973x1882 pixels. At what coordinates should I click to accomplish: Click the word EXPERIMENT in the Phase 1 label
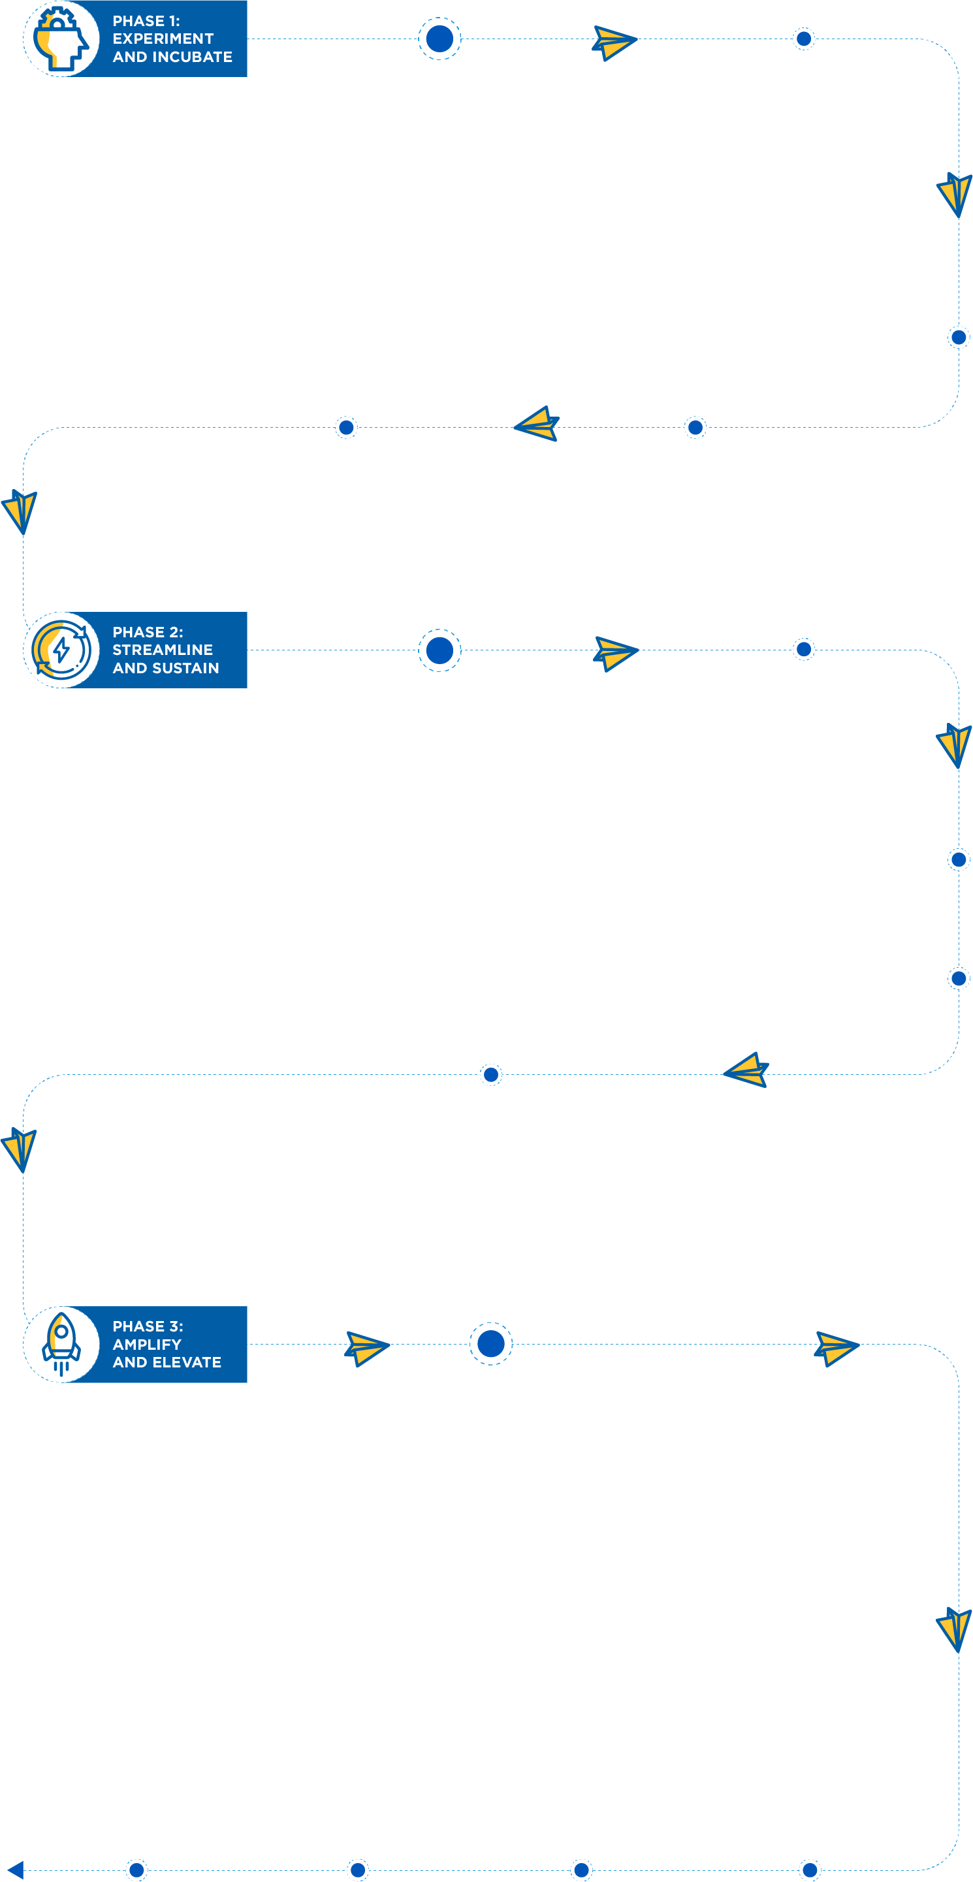[x=163, y=39]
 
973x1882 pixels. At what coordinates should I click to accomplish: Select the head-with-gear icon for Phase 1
[x=61, y=39]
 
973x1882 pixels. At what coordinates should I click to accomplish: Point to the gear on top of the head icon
[x=57, y=19]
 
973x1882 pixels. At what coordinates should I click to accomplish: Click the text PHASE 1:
[x=146, y=21]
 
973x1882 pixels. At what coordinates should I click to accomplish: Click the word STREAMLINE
[x=163, y=650]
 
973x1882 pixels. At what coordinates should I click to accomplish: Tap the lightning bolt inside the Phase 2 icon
[x=61, y=650]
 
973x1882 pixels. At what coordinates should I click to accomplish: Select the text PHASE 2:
[x=148, y=632]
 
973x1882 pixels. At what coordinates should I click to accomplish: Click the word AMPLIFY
[x=147, y=1345]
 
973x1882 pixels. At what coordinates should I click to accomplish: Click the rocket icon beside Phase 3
[x=61, y=1345]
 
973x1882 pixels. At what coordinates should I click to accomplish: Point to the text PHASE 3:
[x=148, y=1326]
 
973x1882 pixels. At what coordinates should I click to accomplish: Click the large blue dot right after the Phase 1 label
[x=439, y=39]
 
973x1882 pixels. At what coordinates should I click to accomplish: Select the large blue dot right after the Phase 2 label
[x=439, y=650]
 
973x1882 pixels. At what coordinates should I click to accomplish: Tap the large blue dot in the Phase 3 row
[x=491, y=1343]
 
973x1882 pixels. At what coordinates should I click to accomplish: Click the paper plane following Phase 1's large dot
[x=614, y=43]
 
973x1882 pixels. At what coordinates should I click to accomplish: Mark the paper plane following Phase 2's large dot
[x=616, y=654]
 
